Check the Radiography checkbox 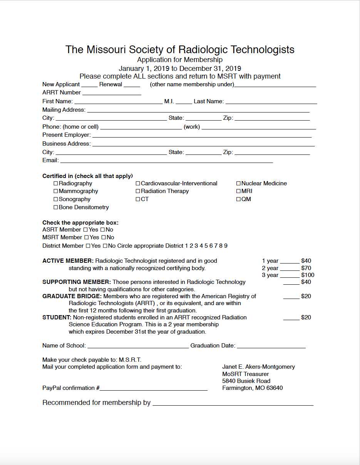pos(56,183)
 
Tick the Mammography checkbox pos(56,191)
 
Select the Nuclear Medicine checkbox pos(238,183)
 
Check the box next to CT pos(138,199)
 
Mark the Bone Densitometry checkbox pos(56,207)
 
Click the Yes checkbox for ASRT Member pos(85,230)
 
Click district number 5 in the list pos(206,246)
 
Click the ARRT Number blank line pos(112,93)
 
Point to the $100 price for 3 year pos(308,275)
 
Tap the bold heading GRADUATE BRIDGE pos(72,296)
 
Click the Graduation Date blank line pos(271,346)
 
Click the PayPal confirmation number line pos(154,389)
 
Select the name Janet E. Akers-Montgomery pos(258,367)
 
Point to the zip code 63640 pos(274,388)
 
